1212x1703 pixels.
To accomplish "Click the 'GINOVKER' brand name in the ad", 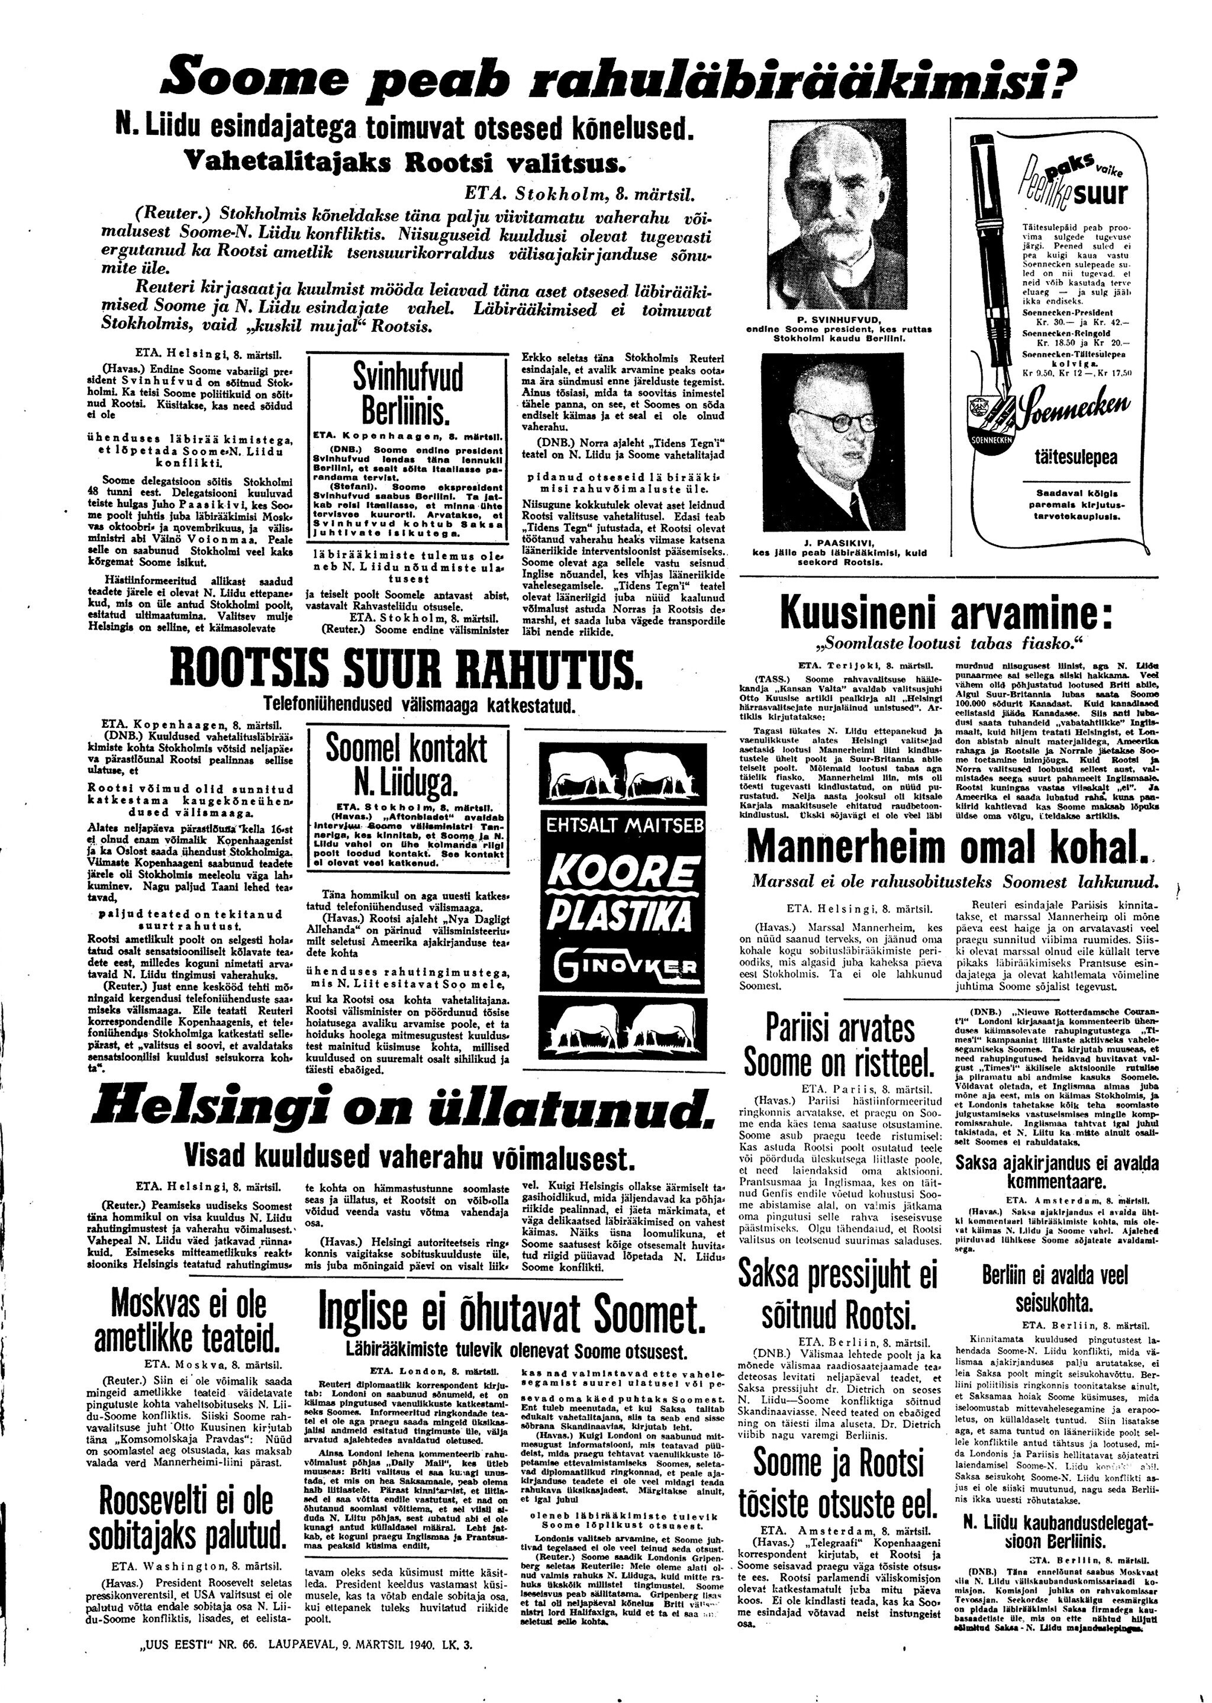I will tap(625, 968).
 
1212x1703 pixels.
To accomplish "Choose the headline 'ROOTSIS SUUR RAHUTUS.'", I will tap(406, 668).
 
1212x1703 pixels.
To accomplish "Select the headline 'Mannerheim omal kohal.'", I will tap(946, 847).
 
